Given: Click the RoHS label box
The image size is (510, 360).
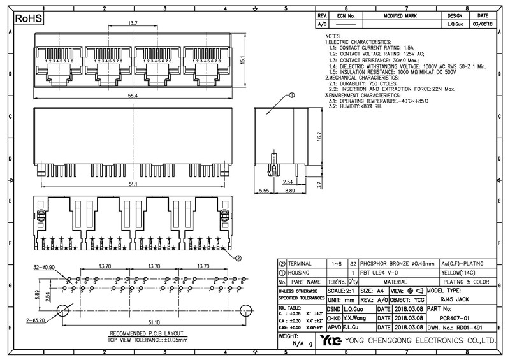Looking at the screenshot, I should coord(28,20).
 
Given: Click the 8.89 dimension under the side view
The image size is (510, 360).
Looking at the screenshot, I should coord(290,191).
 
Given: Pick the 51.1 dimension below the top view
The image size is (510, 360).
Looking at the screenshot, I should coord(133,185).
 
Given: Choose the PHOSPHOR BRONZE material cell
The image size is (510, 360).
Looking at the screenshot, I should coord(397,263).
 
